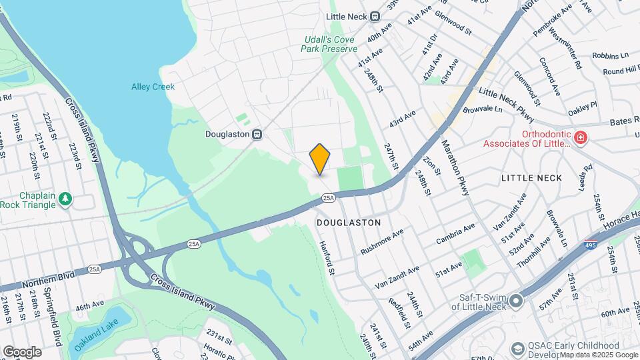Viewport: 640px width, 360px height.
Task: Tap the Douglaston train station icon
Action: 256,134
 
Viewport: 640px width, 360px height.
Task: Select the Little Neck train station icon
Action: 375,16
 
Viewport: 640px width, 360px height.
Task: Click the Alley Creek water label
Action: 153,87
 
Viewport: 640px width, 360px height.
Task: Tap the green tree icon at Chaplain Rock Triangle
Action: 65,199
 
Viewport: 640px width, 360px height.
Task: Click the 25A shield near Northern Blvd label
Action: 95,269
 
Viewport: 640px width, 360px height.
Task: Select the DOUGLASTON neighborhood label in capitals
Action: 349,222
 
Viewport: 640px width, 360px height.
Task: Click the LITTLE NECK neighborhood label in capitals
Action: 531,178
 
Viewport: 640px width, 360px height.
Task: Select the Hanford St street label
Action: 329,257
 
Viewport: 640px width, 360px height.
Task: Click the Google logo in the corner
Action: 22,351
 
